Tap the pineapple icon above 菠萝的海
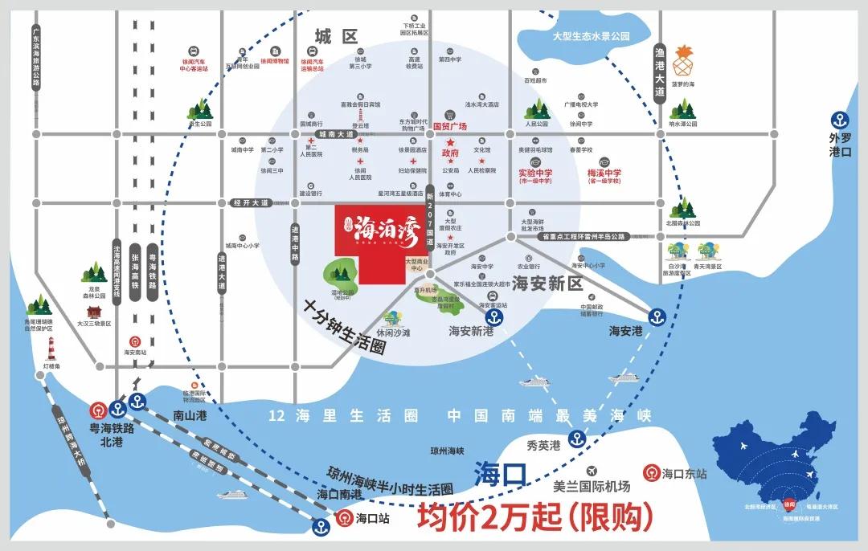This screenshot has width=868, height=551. tap(683, 59)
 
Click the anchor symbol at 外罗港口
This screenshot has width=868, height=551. tap(841, 121)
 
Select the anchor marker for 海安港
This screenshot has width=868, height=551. tap(657, 315)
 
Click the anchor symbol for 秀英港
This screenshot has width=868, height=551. tap(576, 439)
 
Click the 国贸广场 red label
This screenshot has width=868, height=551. tap(450, 126)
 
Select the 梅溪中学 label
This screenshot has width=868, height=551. tap(604, 173)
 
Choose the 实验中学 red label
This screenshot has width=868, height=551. tap(535, 173)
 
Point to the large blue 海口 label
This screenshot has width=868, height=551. tap(499, 472)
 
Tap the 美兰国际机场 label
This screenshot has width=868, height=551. tap(592, 487)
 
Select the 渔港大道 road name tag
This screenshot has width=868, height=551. tap(660, 71)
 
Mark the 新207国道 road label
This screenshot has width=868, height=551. tap(430, 218)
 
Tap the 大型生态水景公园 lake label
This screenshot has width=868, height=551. tap(591, 36)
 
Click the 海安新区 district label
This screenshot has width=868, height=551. tap(547, 284)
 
